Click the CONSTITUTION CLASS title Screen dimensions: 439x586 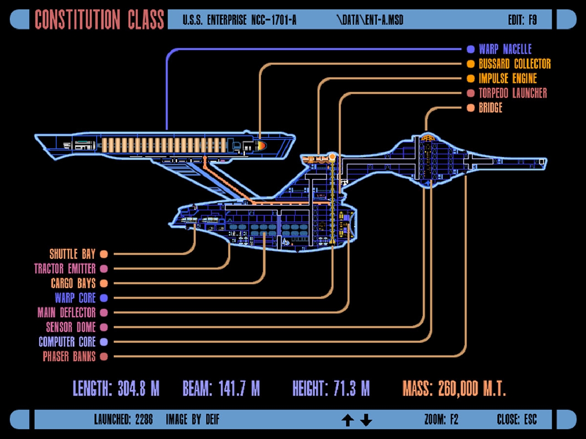click(99, 20)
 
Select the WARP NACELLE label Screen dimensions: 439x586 click(505, 49)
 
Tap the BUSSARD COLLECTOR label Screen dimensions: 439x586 click(515, 64)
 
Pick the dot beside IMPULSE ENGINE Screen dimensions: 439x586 click(471, 78)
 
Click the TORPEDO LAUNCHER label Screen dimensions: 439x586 click(513, 93)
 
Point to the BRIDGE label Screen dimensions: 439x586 click(490, 107)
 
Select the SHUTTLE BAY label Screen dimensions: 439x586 click(72, 254)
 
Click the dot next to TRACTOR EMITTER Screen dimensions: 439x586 click(104, 268)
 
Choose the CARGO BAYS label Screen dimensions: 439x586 click(73, 283)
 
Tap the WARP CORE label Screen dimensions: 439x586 click(75, 298)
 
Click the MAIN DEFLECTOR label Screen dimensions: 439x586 click(66, 312)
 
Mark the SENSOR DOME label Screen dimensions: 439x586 click(71, 327)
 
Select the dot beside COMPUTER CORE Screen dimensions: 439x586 click(104, 342)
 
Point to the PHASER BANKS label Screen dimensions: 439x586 click(69, 356)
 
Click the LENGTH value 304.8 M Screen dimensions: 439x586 click(138, 389)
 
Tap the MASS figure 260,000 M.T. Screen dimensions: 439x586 click(472, 389)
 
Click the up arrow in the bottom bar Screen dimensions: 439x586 click(347, 420)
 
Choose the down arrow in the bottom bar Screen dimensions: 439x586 click(366, 420)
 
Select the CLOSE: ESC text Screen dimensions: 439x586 click(516, 419)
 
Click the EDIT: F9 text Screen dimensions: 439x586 click(522, 20)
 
